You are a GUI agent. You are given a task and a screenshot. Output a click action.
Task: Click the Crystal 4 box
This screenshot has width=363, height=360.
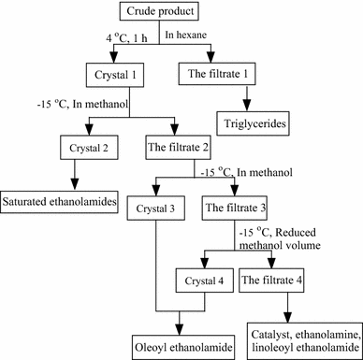200,279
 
